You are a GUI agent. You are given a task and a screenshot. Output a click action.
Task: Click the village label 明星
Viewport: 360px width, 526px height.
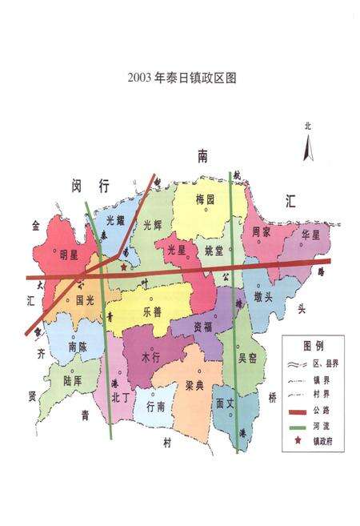[69, 255]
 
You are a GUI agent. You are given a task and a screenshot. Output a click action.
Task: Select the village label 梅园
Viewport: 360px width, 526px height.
[206, 199]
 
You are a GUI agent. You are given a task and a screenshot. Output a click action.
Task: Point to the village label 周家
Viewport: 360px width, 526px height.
[262, 232]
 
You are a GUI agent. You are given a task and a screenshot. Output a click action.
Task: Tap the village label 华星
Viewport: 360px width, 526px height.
[310, 235]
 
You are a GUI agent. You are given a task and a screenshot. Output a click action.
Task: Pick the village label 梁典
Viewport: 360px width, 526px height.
[194, 385]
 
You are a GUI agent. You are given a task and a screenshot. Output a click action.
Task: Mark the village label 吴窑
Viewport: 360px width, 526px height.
[248, 359]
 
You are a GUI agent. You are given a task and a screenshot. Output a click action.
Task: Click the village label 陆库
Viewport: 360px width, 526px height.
[73, 382]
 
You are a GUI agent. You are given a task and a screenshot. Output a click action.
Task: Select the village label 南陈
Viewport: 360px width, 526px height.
[78, 347]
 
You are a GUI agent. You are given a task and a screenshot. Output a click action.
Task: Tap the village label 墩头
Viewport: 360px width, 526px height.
[264, 297]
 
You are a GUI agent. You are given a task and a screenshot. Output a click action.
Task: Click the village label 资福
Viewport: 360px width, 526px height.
[202, 327]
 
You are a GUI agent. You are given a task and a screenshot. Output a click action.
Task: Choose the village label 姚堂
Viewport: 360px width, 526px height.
[214, 251]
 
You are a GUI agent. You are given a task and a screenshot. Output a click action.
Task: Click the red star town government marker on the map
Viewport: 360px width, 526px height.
[122, 267]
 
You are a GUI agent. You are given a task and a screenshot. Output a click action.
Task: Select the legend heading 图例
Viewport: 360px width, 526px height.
[313, 346]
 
